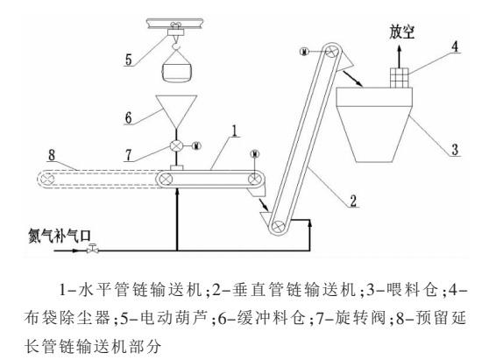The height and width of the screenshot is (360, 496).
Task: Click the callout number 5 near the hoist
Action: (x=128, y=60)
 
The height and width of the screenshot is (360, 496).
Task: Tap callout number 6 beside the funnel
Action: (x=128, y=117)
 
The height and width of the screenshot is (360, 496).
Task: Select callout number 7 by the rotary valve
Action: (x=128, y=155)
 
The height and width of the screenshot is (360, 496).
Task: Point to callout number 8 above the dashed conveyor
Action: (x=52, y=155)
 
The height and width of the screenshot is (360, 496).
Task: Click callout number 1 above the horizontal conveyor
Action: (x=234, y=131)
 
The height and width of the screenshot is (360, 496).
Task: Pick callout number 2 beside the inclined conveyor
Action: (x=353, y=201)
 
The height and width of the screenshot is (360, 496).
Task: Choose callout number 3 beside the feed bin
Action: (x=455, y=149)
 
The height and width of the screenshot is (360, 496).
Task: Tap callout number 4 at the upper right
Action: (x=455, y=46)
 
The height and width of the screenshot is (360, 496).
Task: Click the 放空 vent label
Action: (x=401, y=32)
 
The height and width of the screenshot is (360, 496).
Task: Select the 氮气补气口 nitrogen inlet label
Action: (x=60, y=236)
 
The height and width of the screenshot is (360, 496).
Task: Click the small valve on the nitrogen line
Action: (x=93, y=249)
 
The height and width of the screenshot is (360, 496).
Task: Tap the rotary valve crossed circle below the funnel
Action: (x=176, y=145)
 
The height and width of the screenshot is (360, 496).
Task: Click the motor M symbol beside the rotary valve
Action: (x=196, y=145)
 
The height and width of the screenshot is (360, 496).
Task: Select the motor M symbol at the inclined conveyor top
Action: (x=304, y=51)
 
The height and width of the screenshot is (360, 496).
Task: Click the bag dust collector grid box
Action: (x=400, y=78)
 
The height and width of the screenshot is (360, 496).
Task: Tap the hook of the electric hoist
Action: (x=176, y=46)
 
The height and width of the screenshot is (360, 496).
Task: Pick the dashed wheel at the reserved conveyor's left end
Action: (x=48, y=180)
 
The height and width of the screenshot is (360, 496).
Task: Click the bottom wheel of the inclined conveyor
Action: (x=279, y=226)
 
